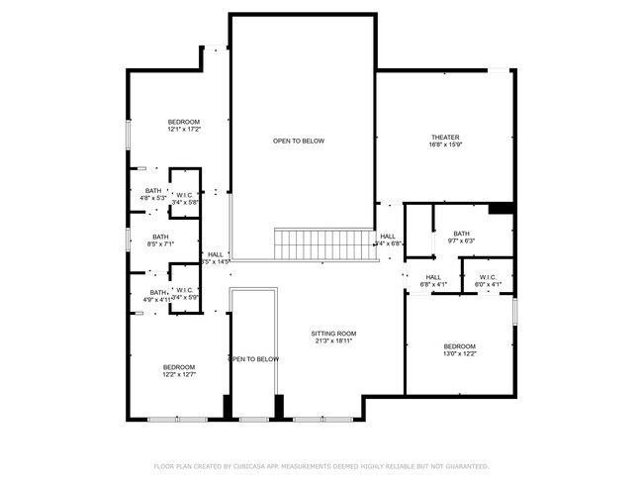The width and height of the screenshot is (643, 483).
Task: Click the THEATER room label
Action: coord(445,138)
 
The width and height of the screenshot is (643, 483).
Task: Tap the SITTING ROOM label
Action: coord(333,334)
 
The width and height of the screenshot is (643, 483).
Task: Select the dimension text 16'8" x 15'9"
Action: coord(445,145)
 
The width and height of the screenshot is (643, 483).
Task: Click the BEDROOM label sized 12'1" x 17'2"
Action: coord(184,122)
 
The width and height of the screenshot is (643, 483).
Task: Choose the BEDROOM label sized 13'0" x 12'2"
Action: coord(459,345)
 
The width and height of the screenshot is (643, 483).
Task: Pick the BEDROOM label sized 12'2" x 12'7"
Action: coord(179,367)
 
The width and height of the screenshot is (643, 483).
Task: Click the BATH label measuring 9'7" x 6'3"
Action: coord(462,234)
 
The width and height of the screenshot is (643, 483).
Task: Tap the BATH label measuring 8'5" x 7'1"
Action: coord(160,237)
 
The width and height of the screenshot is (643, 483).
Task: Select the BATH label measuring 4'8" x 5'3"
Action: coord(153,190)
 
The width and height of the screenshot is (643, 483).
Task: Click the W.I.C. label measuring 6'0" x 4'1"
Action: coord(488,277)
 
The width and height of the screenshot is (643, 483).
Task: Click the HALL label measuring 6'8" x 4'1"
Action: coord(433,277)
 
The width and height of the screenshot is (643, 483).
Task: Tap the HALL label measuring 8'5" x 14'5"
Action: coord(216,254)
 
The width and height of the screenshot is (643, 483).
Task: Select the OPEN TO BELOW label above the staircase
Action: coord(299,141)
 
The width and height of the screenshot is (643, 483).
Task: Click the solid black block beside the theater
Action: coord(502,208)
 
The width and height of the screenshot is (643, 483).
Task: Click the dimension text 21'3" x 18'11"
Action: coord(333,341)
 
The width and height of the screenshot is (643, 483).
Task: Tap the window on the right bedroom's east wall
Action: coord(515,312)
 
